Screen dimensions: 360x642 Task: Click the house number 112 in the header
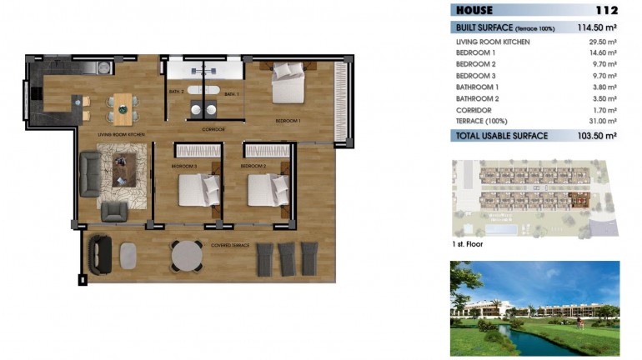606,11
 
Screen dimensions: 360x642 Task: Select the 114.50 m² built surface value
597,27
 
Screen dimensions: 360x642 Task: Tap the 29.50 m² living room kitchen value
602,41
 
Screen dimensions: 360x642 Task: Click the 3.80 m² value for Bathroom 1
604,87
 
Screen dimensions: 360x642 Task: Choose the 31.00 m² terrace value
602,121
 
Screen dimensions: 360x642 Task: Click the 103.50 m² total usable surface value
597,135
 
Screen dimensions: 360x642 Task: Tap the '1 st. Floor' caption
467,245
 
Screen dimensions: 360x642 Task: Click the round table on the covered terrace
187,255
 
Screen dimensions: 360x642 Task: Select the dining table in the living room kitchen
123,106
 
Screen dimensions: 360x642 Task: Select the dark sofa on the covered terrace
101,251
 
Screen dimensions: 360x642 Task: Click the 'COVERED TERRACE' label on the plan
232,246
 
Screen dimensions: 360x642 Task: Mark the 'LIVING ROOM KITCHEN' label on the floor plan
122,133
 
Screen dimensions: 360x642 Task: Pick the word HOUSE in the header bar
474,11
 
